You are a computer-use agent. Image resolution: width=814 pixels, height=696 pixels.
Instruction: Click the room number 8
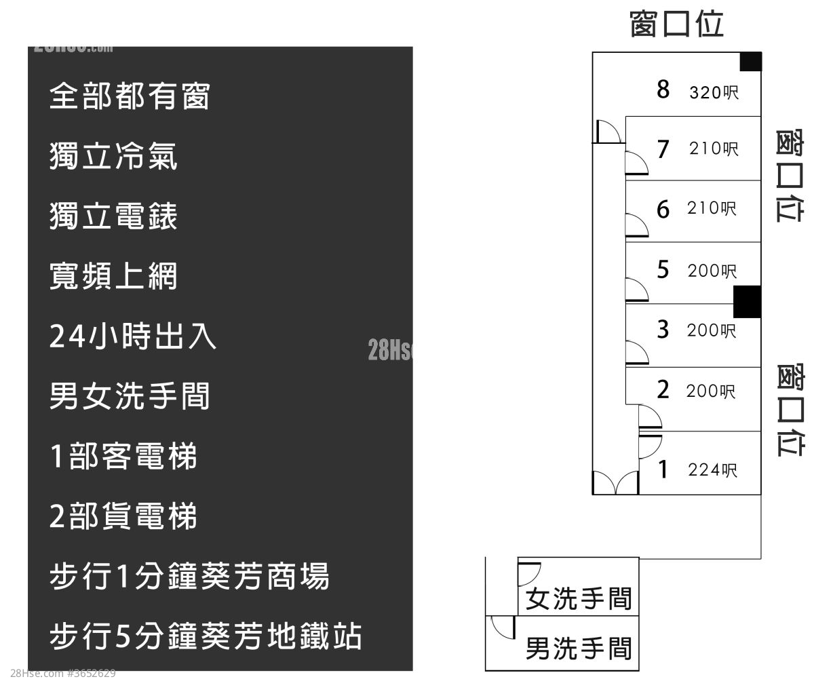click(x=663, y=89)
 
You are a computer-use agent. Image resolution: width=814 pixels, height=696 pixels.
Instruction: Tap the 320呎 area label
click(x=714, y=92)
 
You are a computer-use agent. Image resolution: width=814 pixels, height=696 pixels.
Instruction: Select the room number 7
click(x=663, y=149)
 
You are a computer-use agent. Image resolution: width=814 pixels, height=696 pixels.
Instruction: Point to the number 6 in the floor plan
click(x=663, y=209)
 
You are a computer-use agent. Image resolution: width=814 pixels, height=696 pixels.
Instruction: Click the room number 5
click(x=663, y=269)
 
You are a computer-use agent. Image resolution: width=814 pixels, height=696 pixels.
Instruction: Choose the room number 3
click(x=663, y=330)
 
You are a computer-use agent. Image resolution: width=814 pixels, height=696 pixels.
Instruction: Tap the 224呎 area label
click(x=712, y=469)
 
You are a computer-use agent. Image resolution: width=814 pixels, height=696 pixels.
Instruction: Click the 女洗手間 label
click(x=579, y=598)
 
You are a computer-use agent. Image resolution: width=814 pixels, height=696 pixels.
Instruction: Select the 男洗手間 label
click(x=579, y=649)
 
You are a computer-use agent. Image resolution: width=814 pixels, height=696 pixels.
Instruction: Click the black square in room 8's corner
click(x=750, y=62)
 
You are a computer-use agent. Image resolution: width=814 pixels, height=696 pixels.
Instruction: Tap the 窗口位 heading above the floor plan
click(x=677, y=23)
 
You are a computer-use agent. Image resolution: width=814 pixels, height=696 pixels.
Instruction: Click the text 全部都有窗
click(x=130, y=96)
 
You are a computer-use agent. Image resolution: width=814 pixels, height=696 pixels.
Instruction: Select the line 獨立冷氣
click(x=113, y=157)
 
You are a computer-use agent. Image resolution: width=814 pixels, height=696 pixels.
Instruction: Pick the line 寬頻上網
click(x=113, y=276)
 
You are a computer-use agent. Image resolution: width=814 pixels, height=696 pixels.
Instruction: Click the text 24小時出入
click(x=133, y=336)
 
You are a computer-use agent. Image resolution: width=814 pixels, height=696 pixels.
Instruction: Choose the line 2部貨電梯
click(x=123, y=516)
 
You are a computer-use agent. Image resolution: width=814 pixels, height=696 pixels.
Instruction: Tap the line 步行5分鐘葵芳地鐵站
click(x=206, y=636)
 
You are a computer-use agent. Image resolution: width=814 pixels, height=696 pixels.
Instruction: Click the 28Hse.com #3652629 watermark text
click(x=63, y=674)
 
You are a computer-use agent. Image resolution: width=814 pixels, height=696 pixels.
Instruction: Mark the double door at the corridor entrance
click(x=615, y=483)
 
